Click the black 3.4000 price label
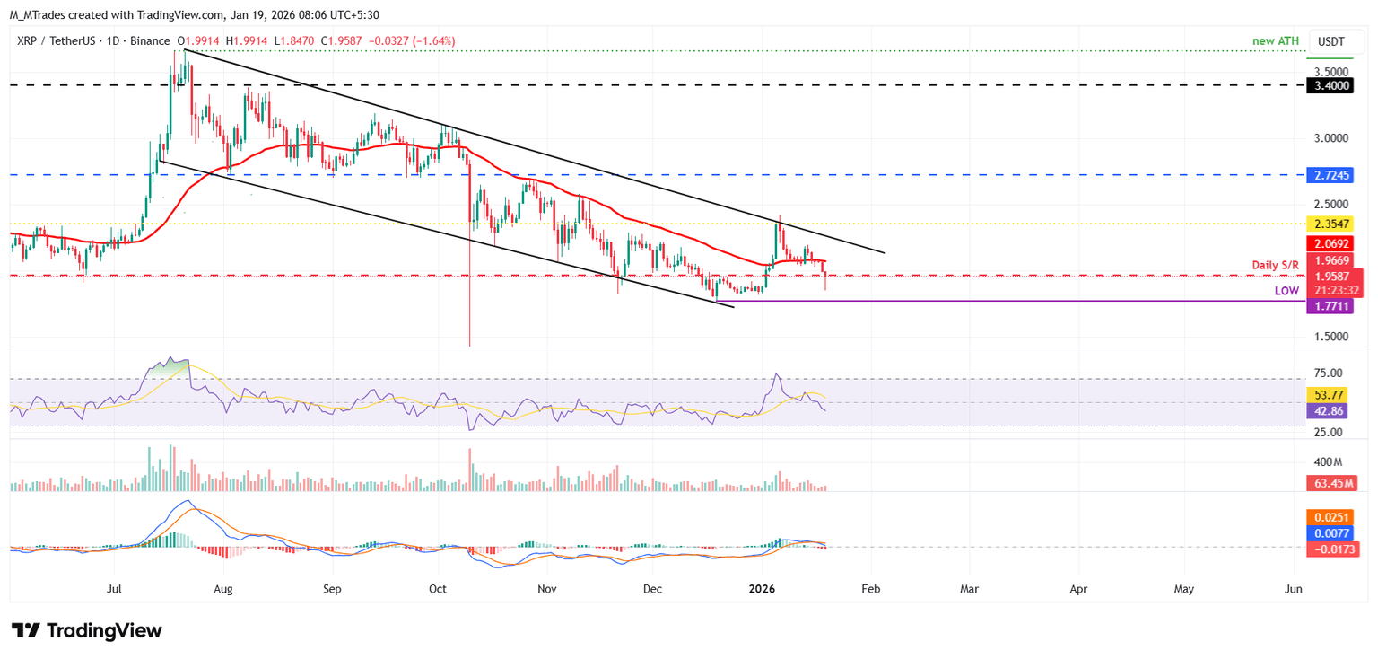[1331, 86]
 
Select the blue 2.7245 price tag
[1331, 175]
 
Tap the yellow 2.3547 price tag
[1331, 224]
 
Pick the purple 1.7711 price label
[1331, 306]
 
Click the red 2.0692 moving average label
[1331, 243]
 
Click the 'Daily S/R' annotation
[1276, 265]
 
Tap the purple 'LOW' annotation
[1286, 291]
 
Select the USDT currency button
[1331, 41]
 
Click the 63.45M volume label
[1331, 483]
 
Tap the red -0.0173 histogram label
[1331, 549]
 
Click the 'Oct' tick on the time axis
[438, 589]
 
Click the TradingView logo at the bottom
[87, 630]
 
